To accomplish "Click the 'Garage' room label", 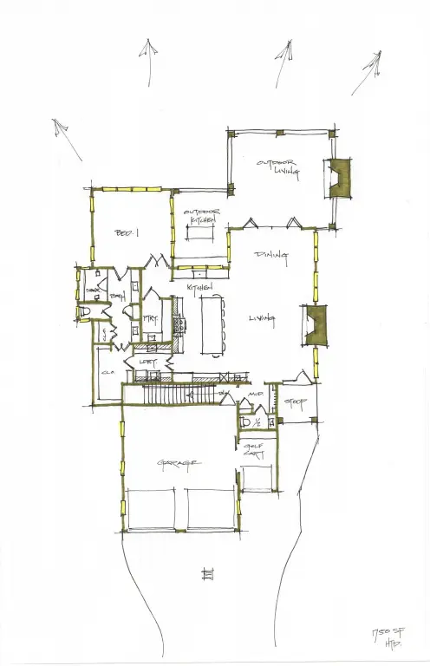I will pyautogui.click(x=179, y=464).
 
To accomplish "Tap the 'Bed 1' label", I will pyautogui.click(x=127, y=233).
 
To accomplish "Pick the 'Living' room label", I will pyautogui.click(x=260, y=318).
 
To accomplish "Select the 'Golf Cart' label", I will pyautogui.click(x=251, y=450).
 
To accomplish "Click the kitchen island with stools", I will pyautogui.click(x=213, y=325).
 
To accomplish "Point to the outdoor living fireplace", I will pyautogui.click(x=335, y=179).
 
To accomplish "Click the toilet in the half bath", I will pyautogui.click(x=247, y=422).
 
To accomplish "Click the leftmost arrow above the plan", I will pyautogui.click(x=62, y=132).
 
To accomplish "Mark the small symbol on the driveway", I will pyautogui.click(x=206, y=573).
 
